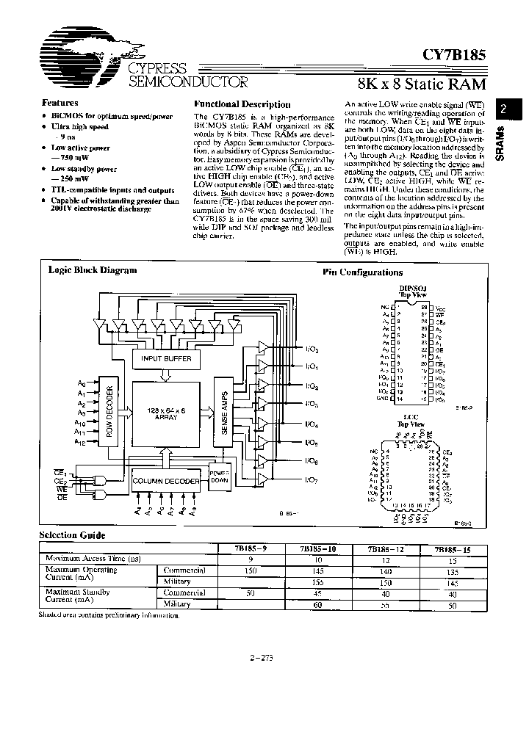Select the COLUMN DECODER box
165,482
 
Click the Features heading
60,104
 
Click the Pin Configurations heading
362,272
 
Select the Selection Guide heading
72,536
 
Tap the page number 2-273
262,658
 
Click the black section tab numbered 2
504,109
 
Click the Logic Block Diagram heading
92,269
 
